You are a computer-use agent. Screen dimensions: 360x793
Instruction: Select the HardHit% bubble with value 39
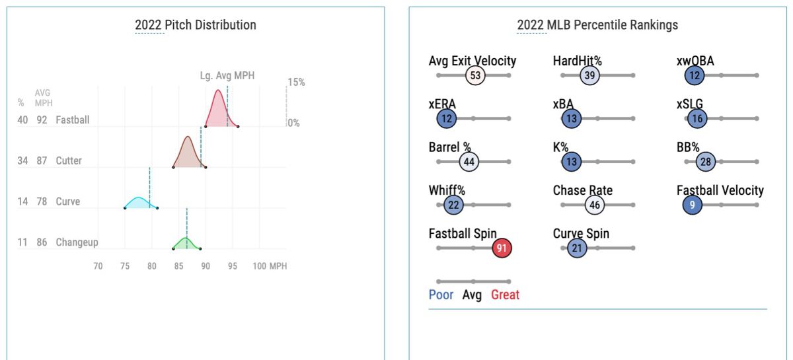coord(589,75)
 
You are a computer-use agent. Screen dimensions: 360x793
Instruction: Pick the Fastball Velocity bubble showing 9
coord(692,205)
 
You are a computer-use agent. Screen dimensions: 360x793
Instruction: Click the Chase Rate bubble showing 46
coord(595,205)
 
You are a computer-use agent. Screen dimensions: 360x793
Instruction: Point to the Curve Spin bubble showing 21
coord(577,248)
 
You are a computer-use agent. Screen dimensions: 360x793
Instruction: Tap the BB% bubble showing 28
coord(705,162)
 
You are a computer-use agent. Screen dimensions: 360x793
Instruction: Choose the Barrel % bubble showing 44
coord(469,162)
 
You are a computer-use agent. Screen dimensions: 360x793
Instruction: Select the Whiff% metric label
coord(447,190)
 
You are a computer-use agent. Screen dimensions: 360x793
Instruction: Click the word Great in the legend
coord(505,295)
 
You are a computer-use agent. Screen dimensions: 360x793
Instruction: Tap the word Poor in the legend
coord(441,295)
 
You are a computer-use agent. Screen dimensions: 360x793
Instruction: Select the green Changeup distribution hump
coord(186,242)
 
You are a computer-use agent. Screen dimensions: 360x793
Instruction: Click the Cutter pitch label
coord(69,161)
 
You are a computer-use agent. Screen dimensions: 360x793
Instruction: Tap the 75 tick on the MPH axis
coord(125,266)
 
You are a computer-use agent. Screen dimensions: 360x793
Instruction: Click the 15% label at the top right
coord(296,82)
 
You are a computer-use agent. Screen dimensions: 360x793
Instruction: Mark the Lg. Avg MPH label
coord(227,76)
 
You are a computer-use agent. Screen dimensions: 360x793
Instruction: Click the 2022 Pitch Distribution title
coord(196,25)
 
